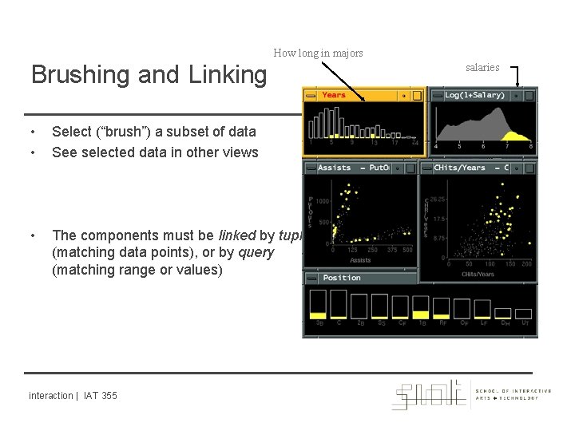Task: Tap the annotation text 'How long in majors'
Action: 318,53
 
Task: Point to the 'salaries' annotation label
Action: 482,68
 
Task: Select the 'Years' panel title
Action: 334,95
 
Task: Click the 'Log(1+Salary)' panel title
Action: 474,96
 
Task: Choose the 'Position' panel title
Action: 341,278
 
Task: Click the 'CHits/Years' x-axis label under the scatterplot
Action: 478,273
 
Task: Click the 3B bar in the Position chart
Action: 317,307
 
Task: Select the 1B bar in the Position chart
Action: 421,307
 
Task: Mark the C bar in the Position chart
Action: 338,306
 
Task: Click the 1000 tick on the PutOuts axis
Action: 323,201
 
